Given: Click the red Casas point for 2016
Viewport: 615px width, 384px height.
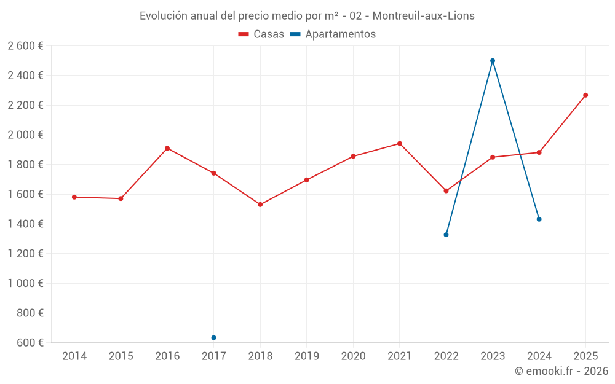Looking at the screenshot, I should click(167, 148).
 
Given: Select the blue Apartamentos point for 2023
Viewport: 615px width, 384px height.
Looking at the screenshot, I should click(493, 61).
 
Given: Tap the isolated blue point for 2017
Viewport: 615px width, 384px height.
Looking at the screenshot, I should click(213, 337).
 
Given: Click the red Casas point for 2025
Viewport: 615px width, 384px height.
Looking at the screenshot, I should click(585, 95).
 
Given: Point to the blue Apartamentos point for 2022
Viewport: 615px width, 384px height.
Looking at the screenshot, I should click(446, 235).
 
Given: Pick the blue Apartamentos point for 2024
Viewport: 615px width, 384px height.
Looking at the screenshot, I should click(539, 219).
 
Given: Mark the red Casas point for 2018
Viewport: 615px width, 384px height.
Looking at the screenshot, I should click(260, 205).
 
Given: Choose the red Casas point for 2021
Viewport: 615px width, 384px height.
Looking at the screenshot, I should click(400, 144).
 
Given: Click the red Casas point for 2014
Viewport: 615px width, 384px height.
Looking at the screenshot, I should click(74, 197).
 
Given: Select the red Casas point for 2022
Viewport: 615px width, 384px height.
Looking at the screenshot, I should click(446, 191).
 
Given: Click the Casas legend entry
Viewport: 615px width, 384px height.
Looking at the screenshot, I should click(261, 34).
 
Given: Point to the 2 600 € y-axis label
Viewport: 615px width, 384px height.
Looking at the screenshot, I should click(26, 46).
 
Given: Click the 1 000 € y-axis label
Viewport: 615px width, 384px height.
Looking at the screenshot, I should click(26, 283).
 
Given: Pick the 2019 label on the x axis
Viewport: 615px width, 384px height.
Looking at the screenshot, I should click(306, 356).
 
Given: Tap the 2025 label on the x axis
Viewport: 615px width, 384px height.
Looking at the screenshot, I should click(585, 356).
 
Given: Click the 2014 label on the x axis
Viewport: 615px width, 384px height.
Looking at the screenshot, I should click(74, 356).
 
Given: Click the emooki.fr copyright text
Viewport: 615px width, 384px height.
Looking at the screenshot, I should click(561, 371).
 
